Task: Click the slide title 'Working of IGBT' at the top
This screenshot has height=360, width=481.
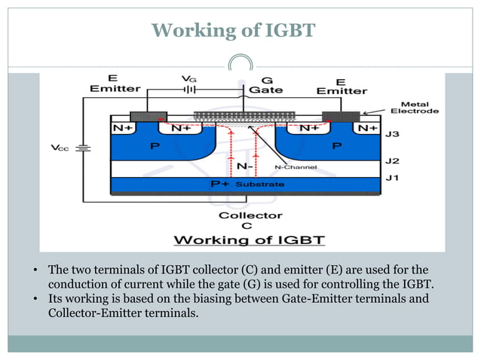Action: click(x=233, y=30)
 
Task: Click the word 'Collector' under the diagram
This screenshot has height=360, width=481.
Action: click(x=240, y=215)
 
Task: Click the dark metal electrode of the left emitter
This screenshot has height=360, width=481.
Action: click(x=149, y=117)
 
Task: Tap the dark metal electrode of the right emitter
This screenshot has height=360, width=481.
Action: click(x=341, y=117)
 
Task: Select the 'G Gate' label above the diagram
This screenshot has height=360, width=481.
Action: click(x=267, y=84)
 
